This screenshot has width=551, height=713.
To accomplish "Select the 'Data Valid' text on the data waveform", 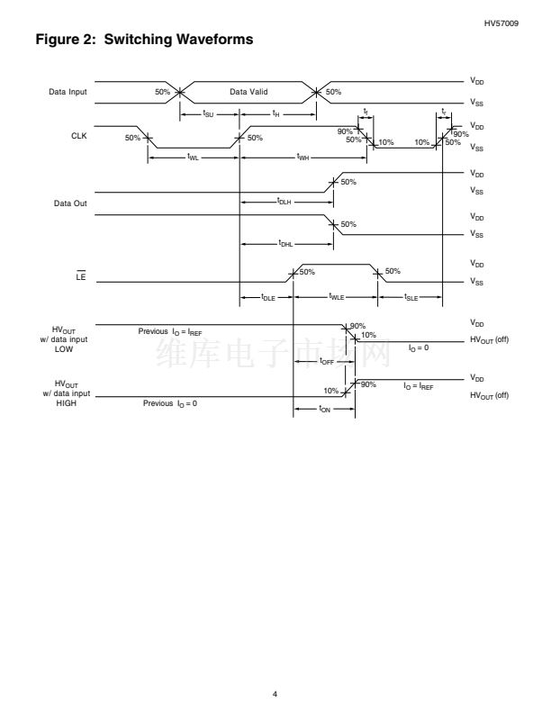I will tap(248, 92).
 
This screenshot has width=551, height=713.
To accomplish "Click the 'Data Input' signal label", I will tap(68, 92).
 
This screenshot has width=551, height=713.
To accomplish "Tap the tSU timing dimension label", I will tap(208, 114).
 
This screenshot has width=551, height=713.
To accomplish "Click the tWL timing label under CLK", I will tap(193, 158).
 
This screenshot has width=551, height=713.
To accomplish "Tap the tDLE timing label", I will tap(267, 298).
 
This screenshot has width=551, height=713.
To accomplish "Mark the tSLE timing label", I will tap(411, 298).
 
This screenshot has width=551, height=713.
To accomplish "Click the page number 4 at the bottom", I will tap(275, 668).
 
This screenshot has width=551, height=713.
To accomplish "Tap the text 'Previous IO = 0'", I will tap(170, 403).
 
